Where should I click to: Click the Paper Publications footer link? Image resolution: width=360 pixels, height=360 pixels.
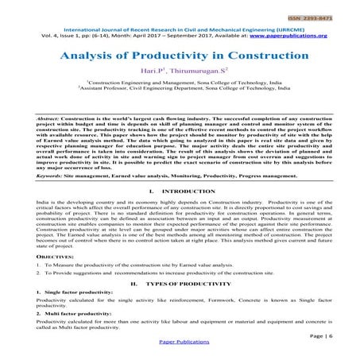point(180,352)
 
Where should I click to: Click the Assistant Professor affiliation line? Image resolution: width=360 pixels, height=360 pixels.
point(180,90)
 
